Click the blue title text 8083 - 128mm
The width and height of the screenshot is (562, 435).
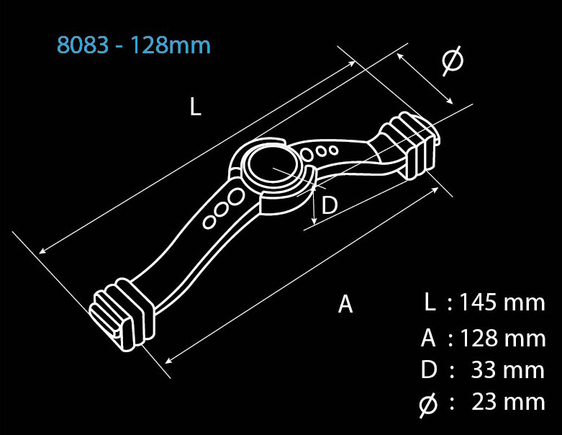(134, 45)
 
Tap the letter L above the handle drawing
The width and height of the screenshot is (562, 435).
(195, 107)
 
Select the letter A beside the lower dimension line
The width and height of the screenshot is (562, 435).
(345, 304)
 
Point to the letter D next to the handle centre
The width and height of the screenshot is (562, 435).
(330, 205)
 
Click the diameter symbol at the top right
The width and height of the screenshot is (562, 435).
(452, 60)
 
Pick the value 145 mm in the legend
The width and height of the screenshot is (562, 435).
(502, 302)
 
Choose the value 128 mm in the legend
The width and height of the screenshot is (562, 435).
(502, 338)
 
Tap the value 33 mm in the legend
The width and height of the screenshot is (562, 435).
(508, 369)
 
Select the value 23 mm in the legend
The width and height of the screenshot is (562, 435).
(508, 401)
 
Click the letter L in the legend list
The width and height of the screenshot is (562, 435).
(430, 302)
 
